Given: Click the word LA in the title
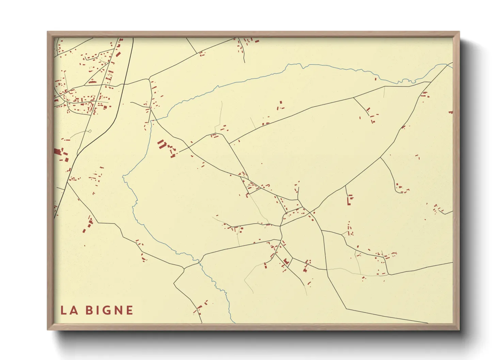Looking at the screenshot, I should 69,310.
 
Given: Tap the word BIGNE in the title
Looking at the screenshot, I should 109,310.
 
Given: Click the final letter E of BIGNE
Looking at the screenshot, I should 129,310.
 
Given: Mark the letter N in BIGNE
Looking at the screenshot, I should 116,310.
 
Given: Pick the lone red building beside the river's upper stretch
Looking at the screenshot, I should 376,79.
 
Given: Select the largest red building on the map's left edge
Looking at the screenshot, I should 57,152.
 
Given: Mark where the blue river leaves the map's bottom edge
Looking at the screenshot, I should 234,322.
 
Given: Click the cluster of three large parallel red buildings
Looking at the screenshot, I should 161,144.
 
